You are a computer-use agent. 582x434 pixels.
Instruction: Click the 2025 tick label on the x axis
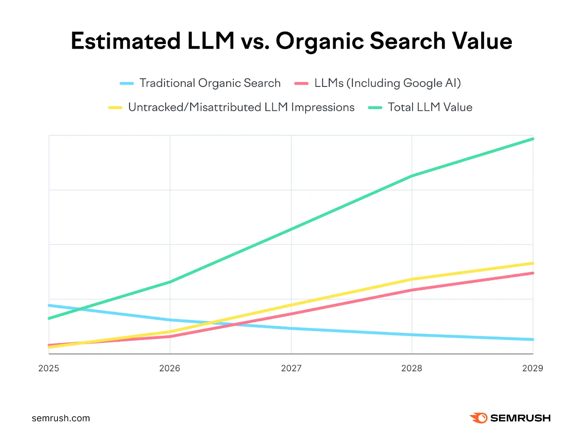[49, 368]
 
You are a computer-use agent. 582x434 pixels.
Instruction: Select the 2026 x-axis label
[170, 368]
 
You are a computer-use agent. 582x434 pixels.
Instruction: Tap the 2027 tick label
[291, 368]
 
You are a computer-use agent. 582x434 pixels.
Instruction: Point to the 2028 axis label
[411, 368]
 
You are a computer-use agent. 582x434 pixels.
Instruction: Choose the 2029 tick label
[533, 368]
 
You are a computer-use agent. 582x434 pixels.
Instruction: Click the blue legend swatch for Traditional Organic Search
[127, 84]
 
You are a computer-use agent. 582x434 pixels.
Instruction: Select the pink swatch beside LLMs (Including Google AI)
[301, 84]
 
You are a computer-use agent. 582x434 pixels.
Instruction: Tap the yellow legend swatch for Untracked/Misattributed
[115, 108]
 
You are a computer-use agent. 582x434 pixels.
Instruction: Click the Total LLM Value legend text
[430, 108]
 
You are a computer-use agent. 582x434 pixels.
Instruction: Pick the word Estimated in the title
[125, 41]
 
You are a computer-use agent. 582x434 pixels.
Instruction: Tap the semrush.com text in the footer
[61, 418]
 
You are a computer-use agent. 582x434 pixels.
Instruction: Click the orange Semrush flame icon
[479, 418]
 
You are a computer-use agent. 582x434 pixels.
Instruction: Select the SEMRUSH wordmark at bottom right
[520, 418]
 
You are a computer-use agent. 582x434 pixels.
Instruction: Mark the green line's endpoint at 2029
[533, 139]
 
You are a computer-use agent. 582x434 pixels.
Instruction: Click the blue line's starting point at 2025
[49, 305]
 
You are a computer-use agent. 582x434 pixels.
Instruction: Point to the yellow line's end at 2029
[533, 263]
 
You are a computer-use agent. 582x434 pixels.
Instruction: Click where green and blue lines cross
[81, 309]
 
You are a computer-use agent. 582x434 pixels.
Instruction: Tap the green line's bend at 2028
[412, 176]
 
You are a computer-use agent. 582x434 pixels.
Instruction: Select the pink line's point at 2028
[412, 290]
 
